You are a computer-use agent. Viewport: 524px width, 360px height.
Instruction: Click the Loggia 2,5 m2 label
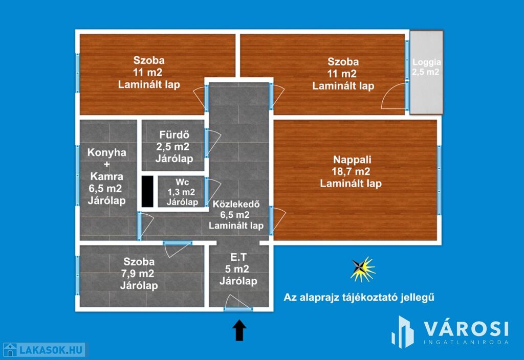click(426, 67)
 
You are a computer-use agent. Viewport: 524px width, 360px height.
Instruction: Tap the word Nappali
click(352, 160)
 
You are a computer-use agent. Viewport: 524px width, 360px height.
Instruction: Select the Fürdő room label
click(174, 147)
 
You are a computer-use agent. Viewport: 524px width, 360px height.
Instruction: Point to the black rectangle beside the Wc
click(147, 191)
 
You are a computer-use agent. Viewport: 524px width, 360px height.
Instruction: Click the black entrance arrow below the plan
click(239, 330)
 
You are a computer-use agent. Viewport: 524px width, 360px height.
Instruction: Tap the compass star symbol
click(362, 269)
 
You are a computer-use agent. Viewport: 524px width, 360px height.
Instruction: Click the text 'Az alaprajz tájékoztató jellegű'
click(359, 297)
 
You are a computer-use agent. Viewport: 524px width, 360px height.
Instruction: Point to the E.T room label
click(238, 269)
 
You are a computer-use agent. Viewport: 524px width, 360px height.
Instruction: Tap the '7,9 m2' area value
click(138, 274)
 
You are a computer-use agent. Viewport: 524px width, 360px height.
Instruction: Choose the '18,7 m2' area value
click(351, 172)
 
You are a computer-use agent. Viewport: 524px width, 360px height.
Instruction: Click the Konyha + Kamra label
click(106, 176)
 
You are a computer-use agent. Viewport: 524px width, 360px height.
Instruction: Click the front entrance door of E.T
click(237, 303)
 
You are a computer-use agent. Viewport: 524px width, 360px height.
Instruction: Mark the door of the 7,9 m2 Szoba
click(177, 249)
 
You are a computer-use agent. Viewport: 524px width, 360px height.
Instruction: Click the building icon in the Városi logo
click(403, 332)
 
